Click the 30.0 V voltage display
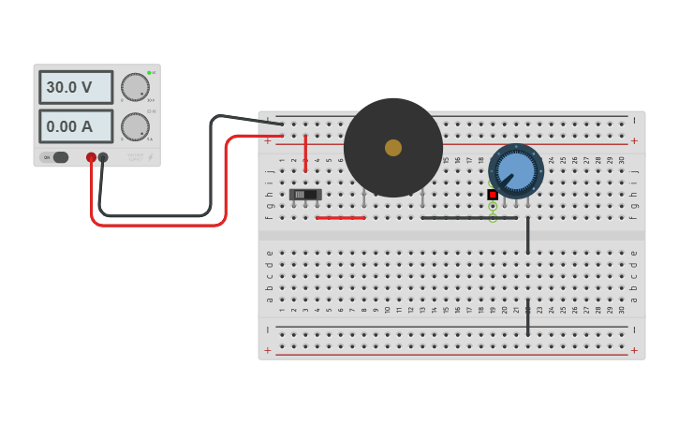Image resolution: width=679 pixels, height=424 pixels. [75, 87]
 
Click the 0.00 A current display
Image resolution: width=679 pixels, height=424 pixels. [75, 126]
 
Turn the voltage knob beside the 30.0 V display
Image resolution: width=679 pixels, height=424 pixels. [135, 87]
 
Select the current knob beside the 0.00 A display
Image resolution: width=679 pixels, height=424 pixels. [135, 126]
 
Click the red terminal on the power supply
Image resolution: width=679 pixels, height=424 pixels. [91, 158]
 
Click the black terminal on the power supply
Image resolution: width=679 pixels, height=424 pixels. [103, 158]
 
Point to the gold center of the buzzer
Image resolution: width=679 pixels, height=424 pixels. [393, 148]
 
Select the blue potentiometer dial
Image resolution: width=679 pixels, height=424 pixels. [516, 170]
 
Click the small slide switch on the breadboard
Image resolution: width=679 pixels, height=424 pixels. [305, 195]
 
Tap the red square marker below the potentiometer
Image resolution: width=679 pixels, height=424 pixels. [493, 195]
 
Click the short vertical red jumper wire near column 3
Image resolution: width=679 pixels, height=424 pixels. [305, 153]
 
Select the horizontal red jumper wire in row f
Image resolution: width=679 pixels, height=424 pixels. [341, 218]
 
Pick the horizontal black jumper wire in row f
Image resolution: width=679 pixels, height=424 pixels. [468, 218]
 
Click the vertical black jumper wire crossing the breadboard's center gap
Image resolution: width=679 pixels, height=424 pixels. [527, 235]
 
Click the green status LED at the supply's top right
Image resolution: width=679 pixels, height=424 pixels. [148, 72]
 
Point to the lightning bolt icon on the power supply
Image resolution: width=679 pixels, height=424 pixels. [150, 157]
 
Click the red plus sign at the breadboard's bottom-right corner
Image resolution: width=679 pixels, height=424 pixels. [634, 350]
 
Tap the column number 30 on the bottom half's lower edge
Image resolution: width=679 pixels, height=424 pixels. [621, 310]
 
